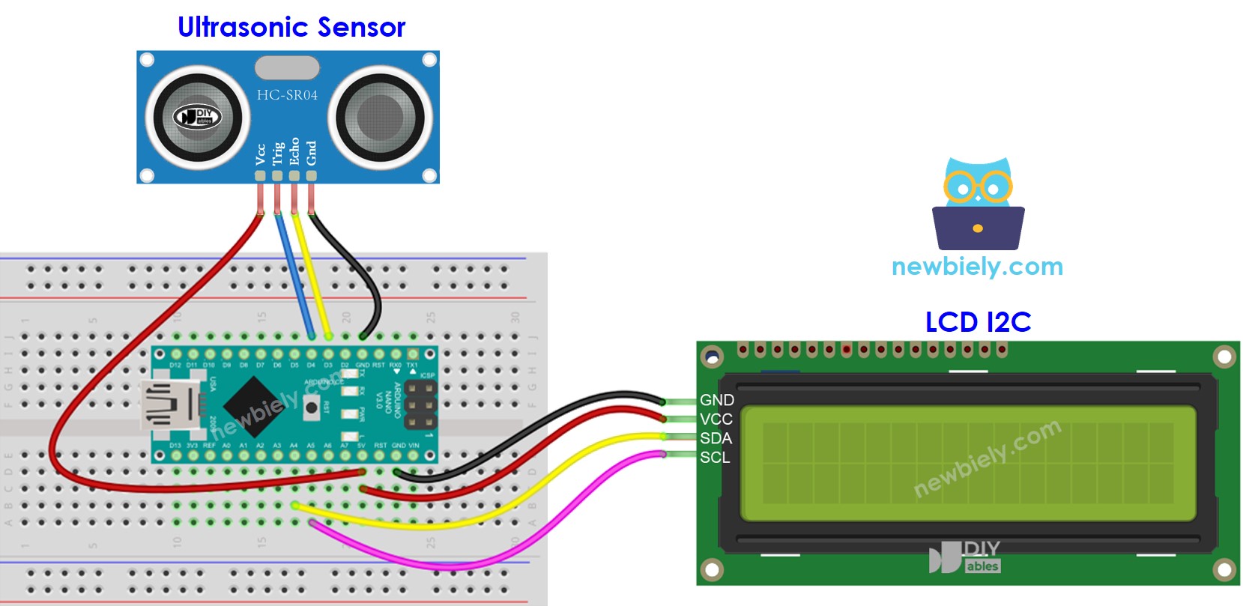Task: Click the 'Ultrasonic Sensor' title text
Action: [x=291, y=27]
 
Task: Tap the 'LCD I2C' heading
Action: [x=978, y=322]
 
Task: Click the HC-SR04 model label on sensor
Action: [x=287, y=95]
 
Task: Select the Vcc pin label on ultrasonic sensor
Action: [x=260, y=154]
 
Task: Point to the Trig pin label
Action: [x=277, y=153]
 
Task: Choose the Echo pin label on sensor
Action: [x=294, y=151]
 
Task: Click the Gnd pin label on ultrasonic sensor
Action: [x=312, y=153]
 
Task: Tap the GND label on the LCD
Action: [x=716, y=400]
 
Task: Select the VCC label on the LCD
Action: [x=716, y=419]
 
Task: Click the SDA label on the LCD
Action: [x=716, y=438]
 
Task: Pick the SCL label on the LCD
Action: [x=714, y=457]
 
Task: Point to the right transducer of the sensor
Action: [x=380, y=117]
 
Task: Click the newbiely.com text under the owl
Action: [x=977, y=267]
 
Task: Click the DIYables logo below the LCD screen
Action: [x=965, y=557]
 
